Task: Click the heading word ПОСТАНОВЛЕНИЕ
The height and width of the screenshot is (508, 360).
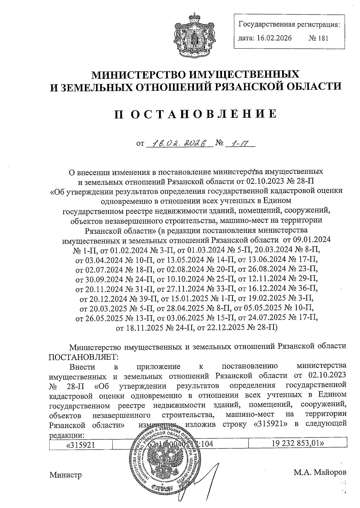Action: (195, 114)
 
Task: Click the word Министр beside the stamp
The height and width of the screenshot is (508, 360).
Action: (65, 475)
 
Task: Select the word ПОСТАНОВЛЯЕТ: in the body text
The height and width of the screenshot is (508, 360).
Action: (84, 357)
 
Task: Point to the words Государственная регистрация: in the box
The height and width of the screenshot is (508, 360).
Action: (289, 24)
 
